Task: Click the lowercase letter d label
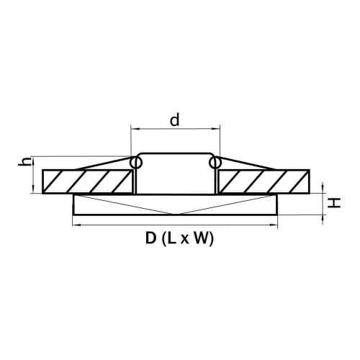pyautogui.click(x=174, y=120)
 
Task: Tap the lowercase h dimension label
pyautogui.click(x=25, y=161)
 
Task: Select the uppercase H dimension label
pyautogui.click(x=334, y=204)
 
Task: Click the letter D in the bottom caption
pyautogui.click(x=150, y=238)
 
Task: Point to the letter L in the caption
pyautogui.click(x=172, y=238)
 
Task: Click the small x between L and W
pyautogui.click(x=184, y=240)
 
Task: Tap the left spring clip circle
pyautogui.click(x=136, y=162)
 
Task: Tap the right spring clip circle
pyautogui.click(x=215, y=162)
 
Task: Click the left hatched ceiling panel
pyautogui.click(x=88, y=181)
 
